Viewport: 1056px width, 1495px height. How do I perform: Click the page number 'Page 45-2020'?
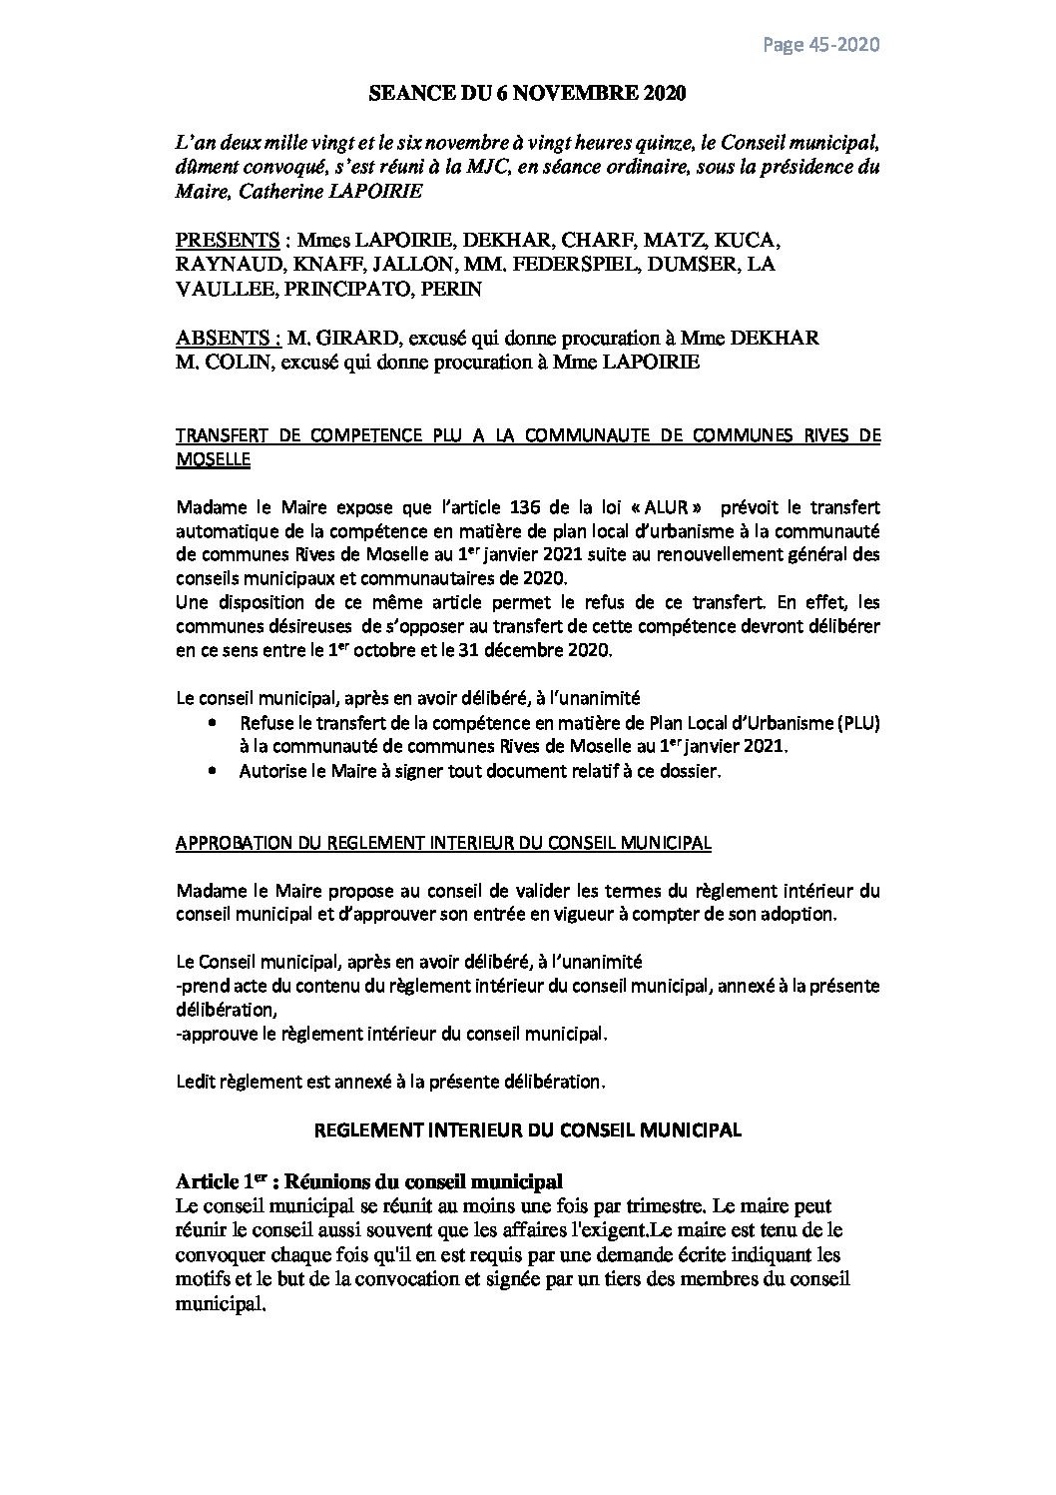pos(821,45)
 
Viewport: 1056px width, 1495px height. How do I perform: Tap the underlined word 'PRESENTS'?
pos(227,242)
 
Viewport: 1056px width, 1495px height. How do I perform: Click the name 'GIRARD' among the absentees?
pos(348,338)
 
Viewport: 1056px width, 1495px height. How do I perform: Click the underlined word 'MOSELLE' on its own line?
pos(213,459)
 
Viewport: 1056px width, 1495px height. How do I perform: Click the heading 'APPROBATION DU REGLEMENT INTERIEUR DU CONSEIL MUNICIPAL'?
pos(443,843)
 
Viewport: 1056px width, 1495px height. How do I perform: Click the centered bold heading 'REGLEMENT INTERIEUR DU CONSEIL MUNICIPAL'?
pos(528,1129)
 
